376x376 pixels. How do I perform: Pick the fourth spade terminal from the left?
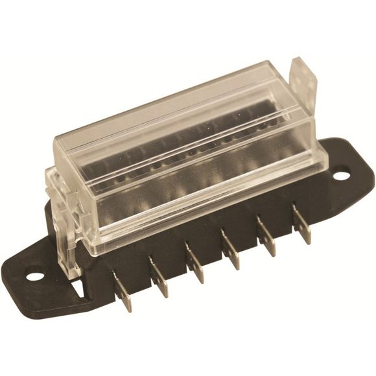pyautogui.click(x=230, y=249)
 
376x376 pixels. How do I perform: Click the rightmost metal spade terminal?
pyautogui.click(x=301, y=223)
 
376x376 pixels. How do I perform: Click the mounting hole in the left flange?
pyautogui.click(x=35, y=276)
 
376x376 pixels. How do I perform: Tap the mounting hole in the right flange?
pyautogui.click(x=342, y=175)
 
